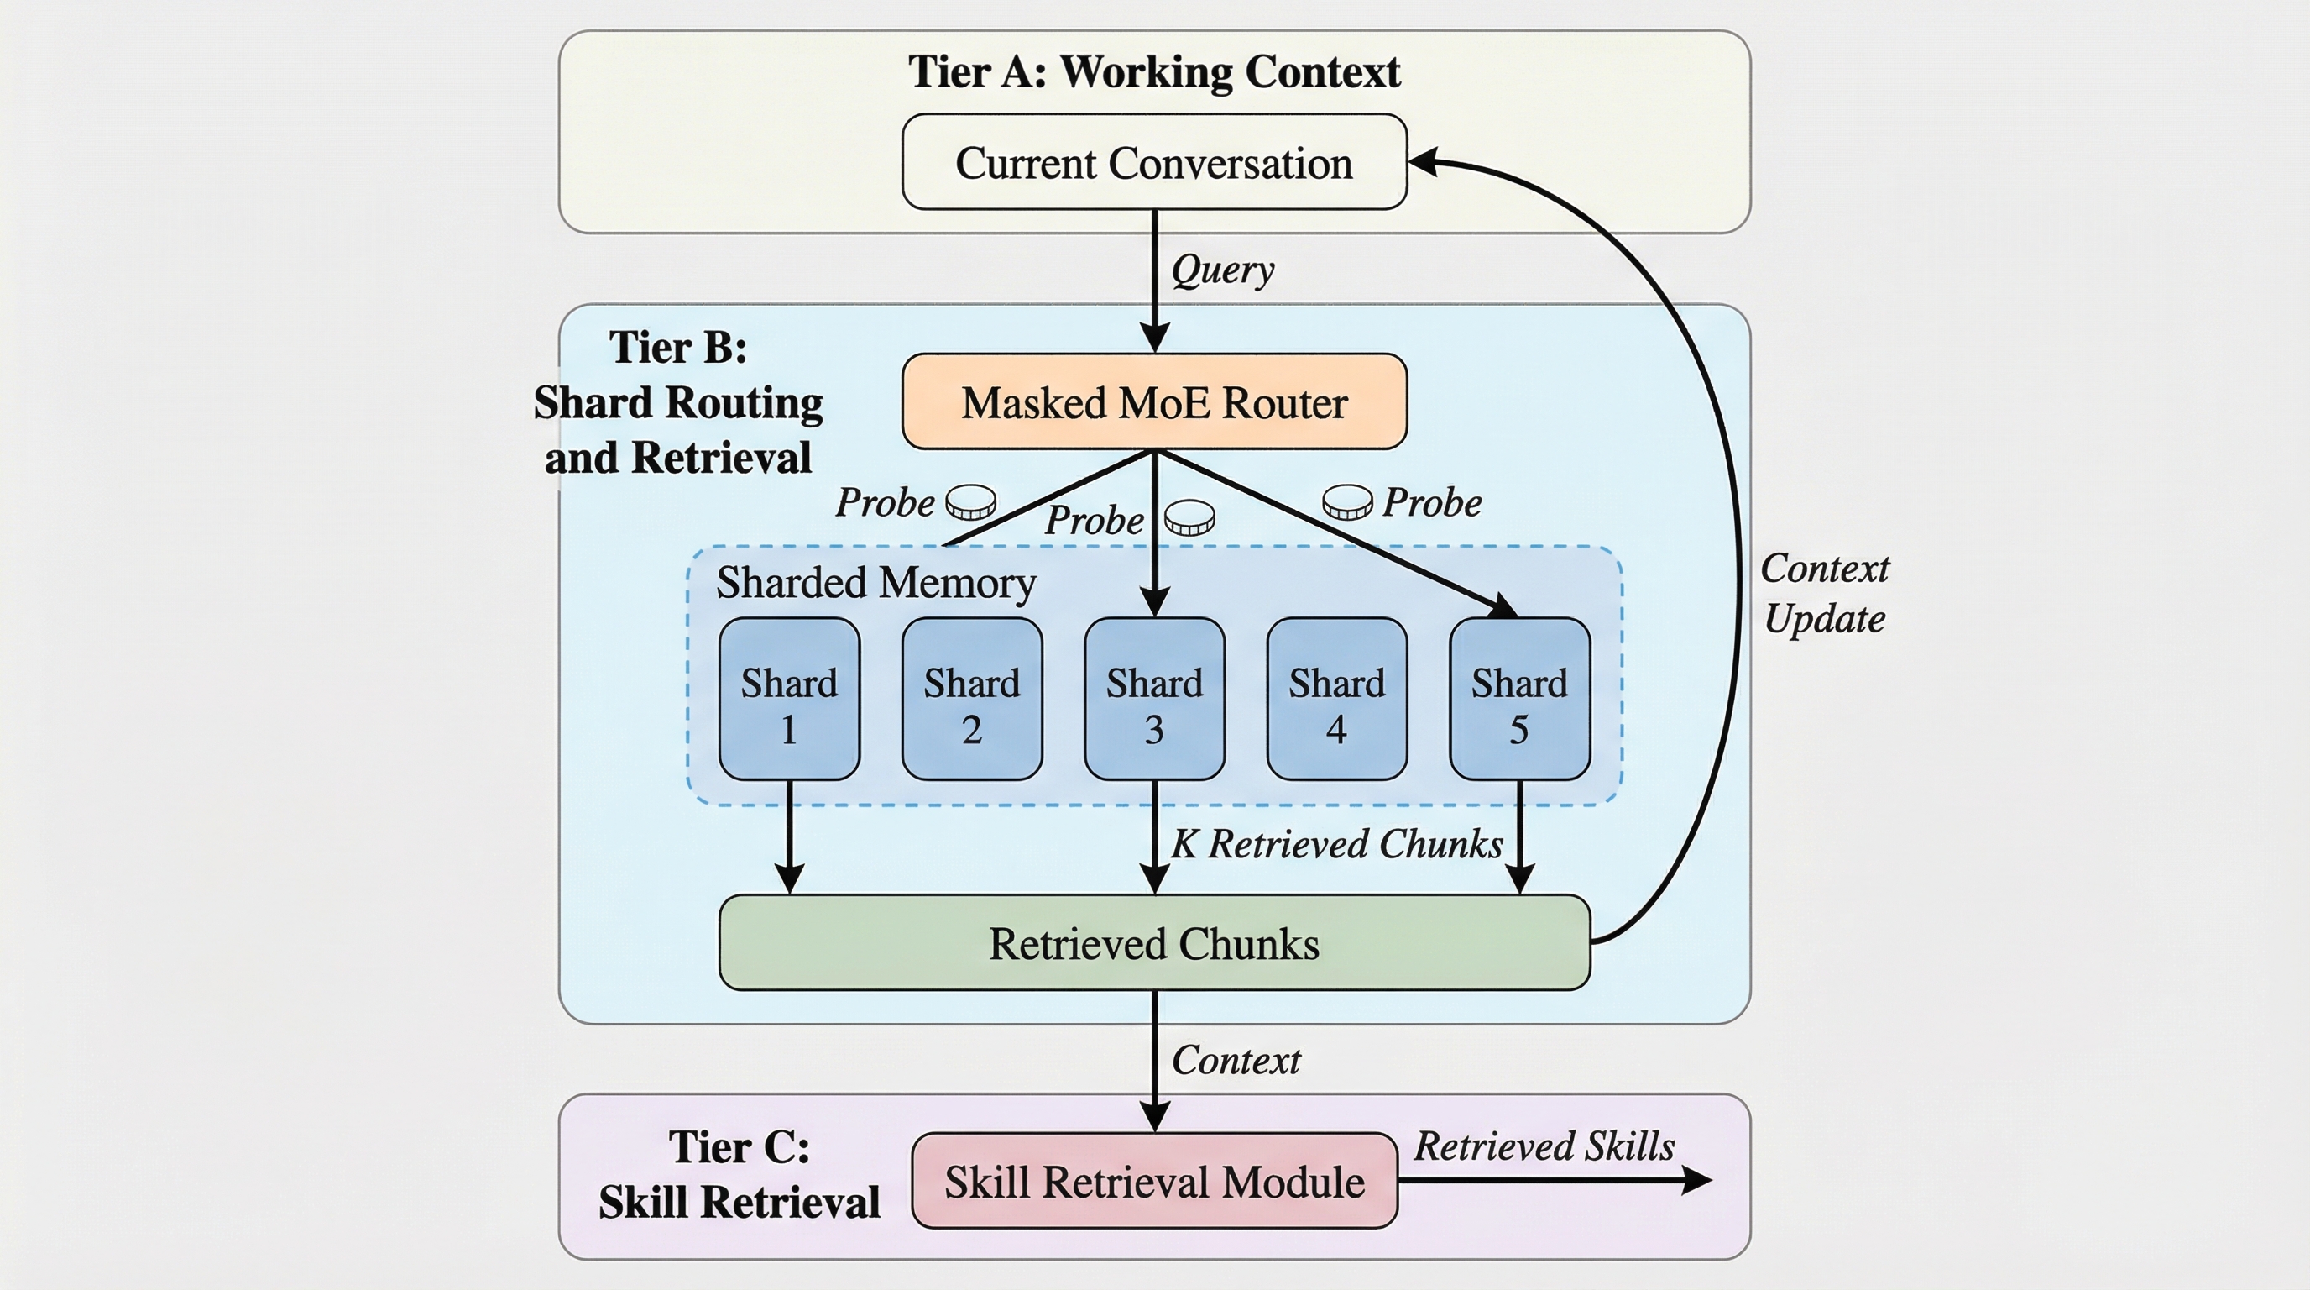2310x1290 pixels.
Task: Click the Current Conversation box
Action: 1154,162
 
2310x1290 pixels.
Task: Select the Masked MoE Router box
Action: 1154,402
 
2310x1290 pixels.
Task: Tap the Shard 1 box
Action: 789,699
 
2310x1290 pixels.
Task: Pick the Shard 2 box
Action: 972,699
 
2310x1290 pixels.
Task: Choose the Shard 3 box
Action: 1154,699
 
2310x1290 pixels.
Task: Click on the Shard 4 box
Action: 1336,699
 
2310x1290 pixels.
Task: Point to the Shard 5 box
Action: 1519,699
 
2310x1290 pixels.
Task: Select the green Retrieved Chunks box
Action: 1154,943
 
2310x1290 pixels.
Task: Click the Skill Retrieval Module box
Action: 1154,1181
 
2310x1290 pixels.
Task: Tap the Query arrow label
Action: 1222,269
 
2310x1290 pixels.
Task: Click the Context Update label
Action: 1824,594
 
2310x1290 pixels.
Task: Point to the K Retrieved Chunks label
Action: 1337,844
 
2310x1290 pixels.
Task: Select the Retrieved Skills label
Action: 1544,1146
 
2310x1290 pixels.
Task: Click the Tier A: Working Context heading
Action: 1154,71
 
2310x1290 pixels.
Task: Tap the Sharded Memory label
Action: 875,583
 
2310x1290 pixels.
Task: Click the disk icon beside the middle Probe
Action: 1190,517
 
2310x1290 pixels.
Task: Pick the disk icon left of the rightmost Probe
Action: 1347,501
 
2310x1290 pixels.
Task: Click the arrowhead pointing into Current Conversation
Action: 1421,162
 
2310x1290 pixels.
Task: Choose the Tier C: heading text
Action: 739,1146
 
